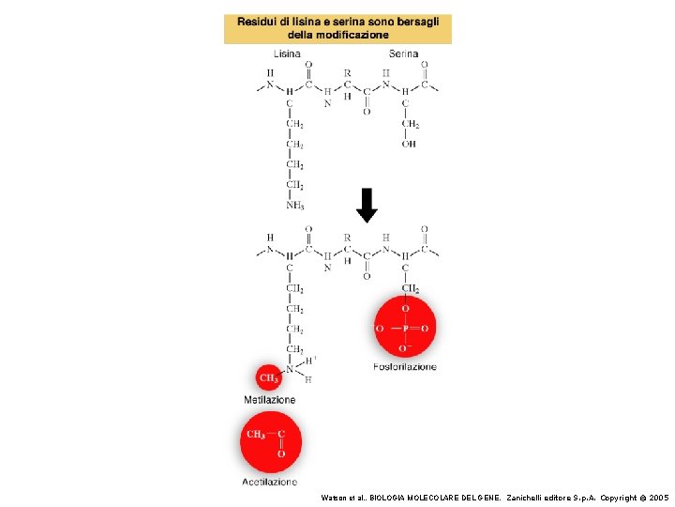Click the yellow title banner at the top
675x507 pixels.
(x=337, y=28)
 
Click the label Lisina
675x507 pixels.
(x=287, y=54)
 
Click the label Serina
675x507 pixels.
(x=403, y=54)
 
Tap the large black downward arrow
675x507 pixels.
(x=367, y=205)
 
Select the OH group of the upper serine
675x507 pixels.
(x=410, y=144)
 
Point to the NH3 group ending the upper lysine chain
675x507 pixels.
(x=294, y=206)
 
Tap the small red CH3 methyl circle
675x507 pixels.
(x=269, y=378)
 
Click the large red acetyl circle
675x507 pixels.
(x=270, y=442)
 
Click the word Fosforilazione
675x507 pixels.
(x=405, y=366)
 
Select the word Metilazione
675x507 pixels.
(x=270, y=400)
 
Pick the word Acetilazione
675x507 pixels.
(x=270, y=482)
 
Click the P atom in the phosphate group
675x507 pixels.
(x=405, y=329)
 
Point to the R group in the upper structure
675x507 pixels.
(x=347, y=71)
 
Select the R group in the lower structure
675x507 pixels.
(x=347, y=238)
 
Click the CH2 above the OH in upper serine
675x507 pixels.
(x=410, y=124)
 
